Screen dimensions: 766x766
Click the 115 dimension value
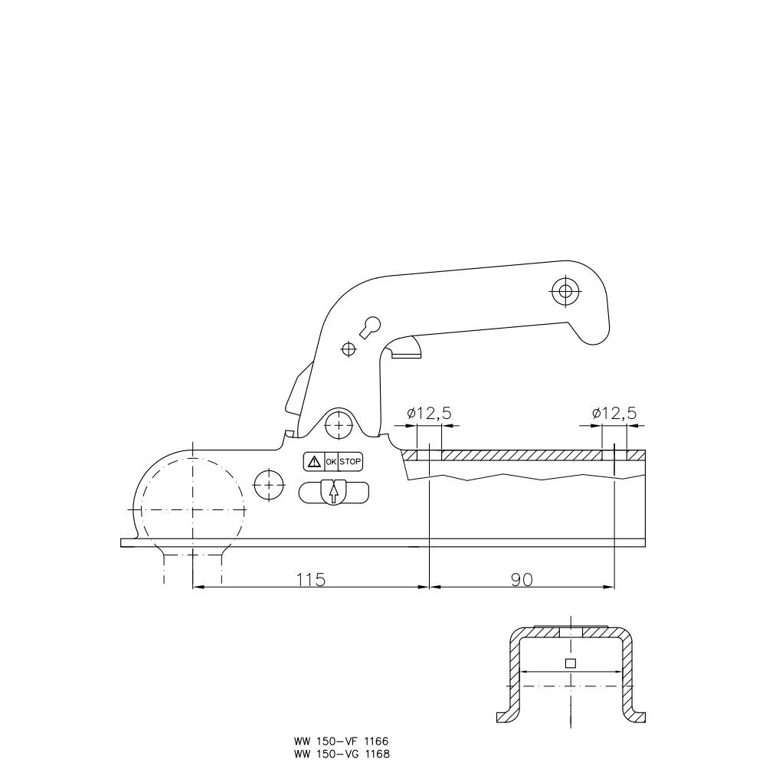pos(311,579)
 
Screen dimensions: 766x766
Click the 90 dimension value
pos(522,579)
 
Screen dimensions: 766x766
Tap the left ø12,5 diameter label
pos(430,414)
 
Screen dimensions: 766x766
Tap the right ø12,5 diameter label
pos(614,414)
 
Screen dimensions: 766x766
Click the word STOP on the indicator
pos(350,462)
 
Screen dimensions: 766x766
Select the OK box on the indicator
pos(331,462)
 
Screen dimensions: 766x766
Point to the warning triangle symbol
pos(314,462)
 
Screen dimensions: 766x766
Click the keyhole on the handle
pos(370,327)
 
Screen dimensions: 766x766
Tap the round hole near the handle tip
pos(565,292)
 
